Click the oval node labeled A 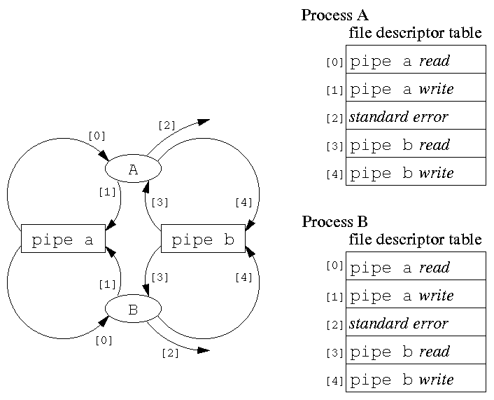(x=133, y=169)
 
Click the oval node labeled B (x=133, y=309)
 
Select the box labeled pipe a (x=63, y=240)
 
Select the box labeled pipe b (x=203, y=240)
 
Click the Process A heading (x=334, y=15)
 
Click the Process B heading (x=334, y=222)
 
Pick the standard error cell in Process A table (x=416, y=116)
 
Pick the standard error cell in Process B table (x=416, y=323)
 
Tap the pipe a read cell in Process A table (x=416, y=60)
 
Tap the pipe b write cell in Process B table (x=416, y=379)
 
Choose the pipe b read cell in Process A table (x=416, y=144)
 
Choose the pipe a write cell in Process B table (x=416, y=295)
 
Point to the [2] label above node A (x=167, y=126)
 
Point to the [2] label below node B (x=170, y=353)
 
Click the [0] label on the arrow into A (x=97, y=135)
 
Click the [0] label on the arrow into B (x=104, y=341)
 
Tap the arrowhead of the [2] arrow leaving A (x=204, y=122)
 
